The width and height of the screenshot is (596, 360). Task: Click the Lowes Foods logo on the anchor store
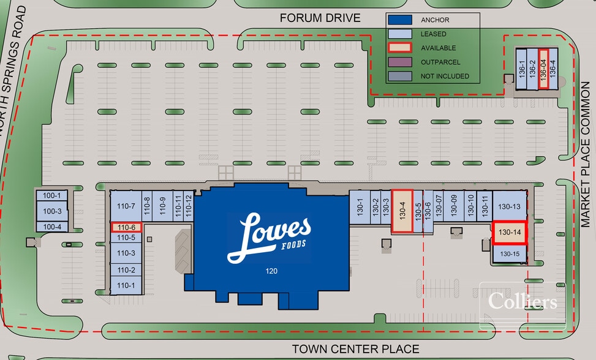269,238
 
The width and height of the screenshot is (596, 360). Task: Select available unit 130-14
510,233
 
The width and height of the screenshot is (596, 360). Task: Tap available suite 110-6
126,228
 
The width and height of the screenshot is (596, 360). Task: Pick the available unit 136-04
543,69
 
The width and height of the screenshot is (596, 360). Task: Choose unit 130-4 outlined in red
402,211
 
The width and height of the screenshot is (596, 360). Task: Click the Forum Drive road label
320,18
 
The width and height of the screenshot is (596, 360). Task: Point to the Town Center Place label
355,348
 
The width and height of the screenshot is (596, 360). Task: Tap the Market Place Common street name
586,154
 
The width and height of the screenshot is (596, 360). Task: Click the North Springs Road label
12,70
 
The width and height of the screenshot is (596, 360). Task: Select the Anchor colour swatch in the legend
400,20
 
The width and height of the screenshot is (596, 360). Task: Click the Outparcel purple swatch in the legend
400,62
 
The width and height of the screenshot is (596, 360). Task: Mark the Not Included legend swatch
400,76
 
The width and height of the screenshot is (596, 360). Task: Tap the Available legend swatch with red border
400,48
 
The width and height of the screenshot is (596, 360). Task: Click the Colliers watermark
522,301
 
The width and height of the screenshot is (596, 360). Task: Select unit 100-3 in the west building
52,211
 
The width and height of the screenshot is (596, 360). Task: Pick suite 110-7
126,206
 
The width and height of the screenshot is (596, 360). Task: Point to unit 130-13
510,206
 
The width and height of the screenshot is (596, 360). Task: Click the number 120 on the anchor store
271,271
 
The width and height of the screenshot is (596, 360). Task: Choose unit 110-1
126,285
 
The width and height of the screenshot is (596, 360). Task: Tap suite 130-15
510,253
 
